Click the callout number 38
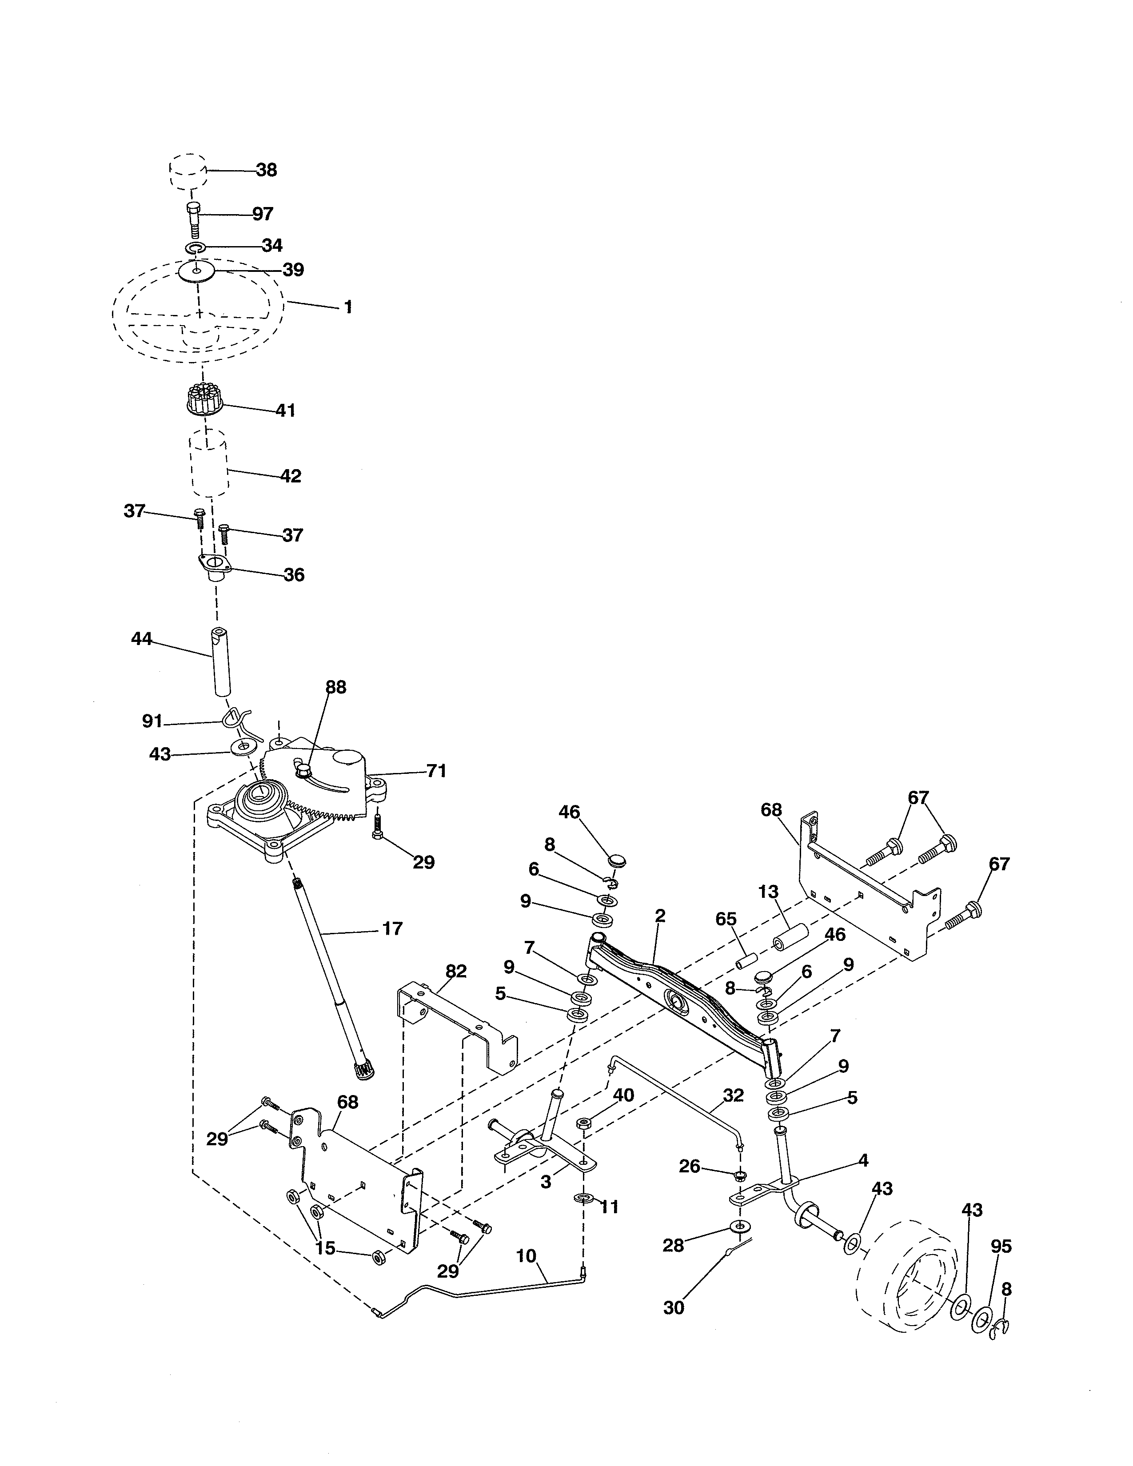267,171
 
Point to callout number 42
290,477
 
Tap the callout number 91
152,721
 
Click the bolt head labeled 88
303,771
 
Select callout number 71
436,771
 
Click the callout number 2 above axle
660,916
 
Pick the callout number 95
1001,1247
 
